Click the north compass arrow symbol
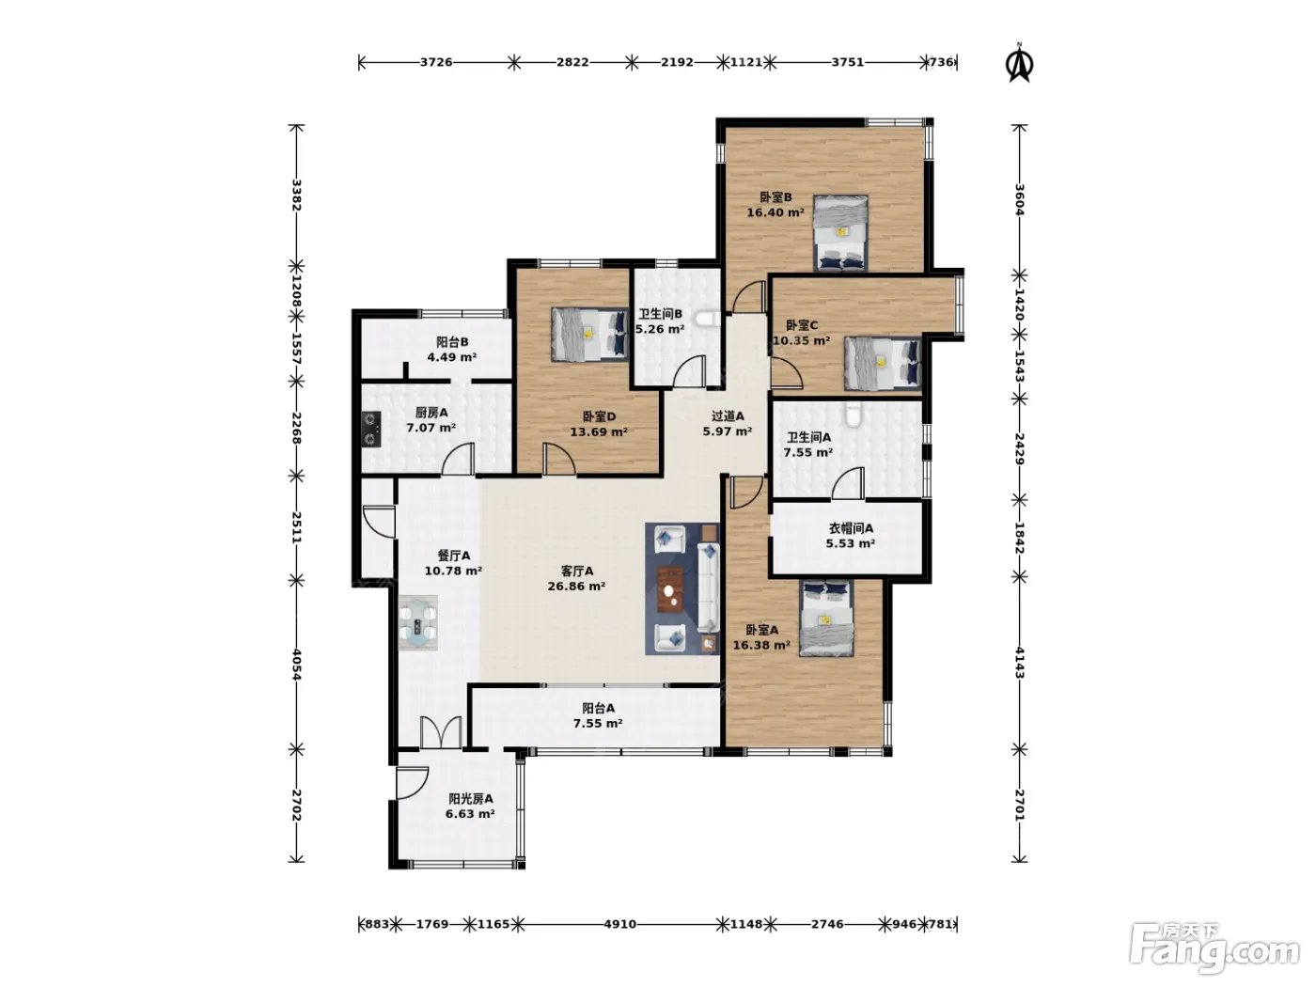1019,63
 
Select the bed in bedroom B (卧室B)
840,233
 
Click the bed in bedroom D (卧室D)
589,335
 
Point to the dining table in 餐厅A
418,622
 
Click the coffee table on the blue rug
670,589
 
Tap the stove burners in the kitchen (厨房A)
371,429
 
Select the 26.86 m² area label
576,586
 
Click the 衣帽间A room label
851,528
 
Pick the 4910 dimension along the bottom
619,924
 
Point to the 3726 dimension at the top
436,62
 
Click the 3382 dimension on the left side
296,195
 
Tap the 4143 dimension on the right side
1019,663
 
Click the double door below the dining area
441,732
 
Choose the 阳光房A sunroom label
471,799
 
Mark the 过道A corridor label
728,415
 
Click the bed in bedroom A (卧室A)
825,618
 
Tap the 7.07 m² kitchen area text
431,428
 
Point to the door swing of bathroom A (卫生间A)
847,483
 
